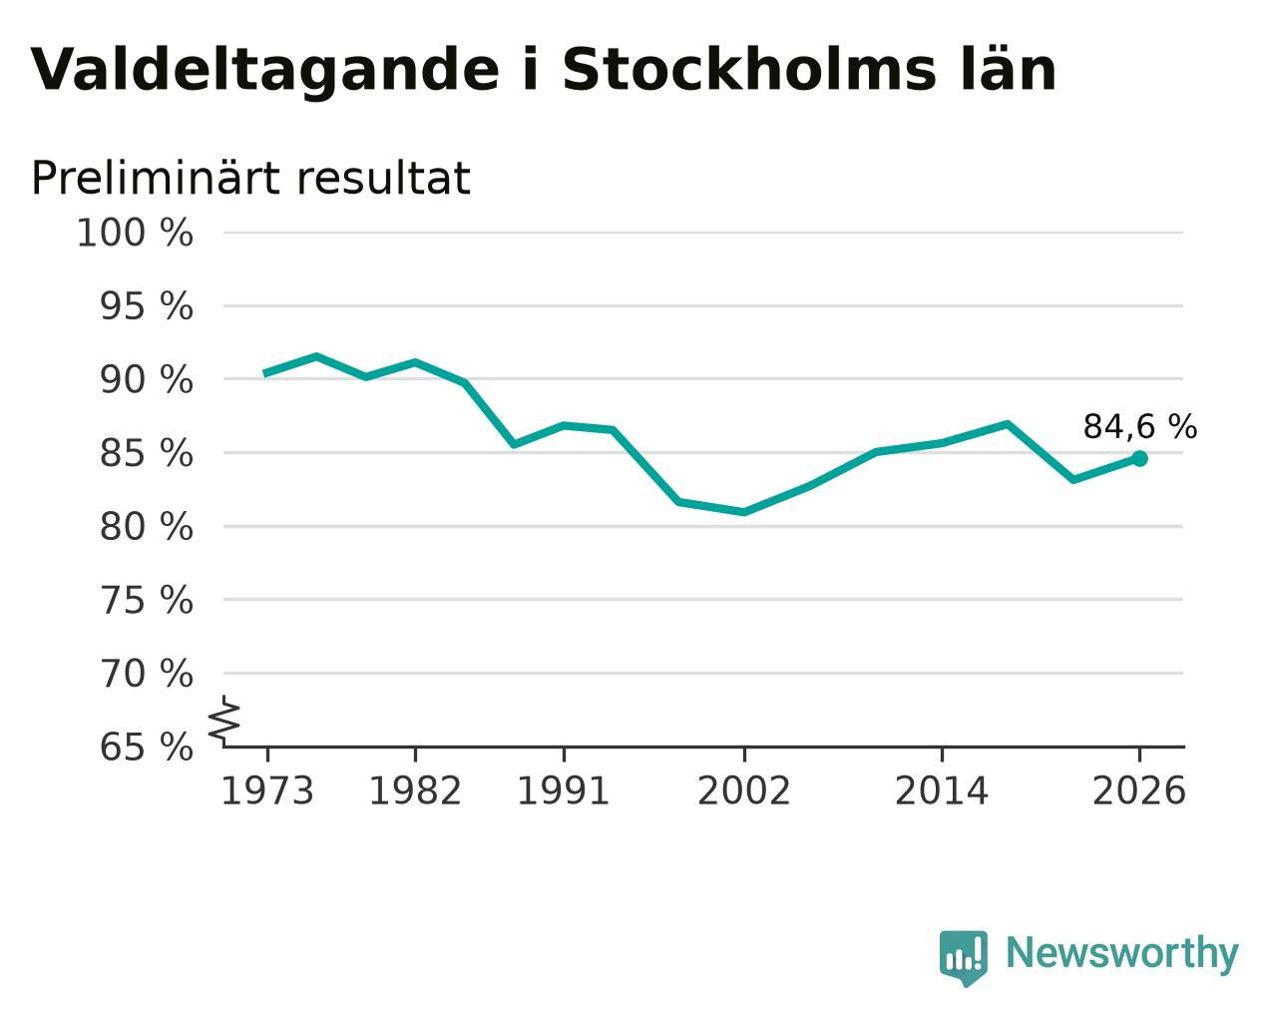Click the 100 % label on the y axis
tap(135, 234)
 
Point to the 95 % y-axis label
tap(146, 307)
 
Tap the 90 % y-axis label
tap(146, 380)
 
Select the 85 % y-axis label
tap(146, 454)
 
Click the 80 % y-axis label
tap(146, 527)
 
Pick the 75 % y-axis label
tap(146, 601)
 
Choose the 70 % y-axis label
tap(146, 674)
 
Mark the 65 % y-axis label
tap(146, 747)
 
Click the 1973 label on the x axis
tap(267, 791)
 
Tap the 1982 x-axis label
tap(415, 791)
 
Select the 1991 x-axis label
tap(564, 791)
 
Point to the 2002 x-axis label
tap(744, 791)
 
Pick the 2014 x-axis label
tap(942, 791)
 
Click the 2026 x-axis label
tap(1139, 791)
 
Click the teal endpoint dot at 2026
tap(1140, 459)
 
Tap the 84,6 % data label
tap(1140, 427)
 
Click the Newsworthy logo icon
tap(964, 958)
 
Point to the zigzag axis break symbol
tap(224, 722)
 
